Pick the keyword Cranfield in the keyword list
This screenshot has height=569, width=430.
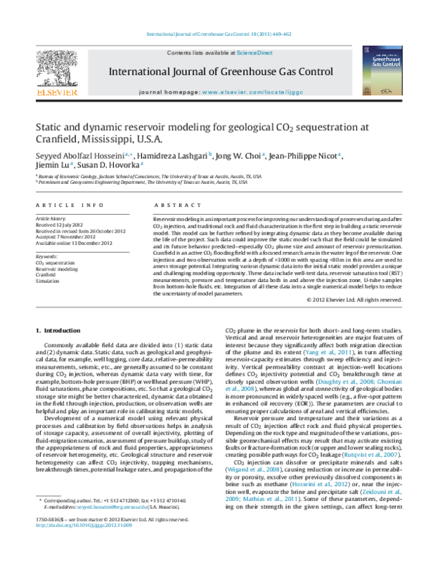[x=47, y=274]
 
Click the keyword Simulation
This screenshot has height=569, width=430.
[x=47, y=281]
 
